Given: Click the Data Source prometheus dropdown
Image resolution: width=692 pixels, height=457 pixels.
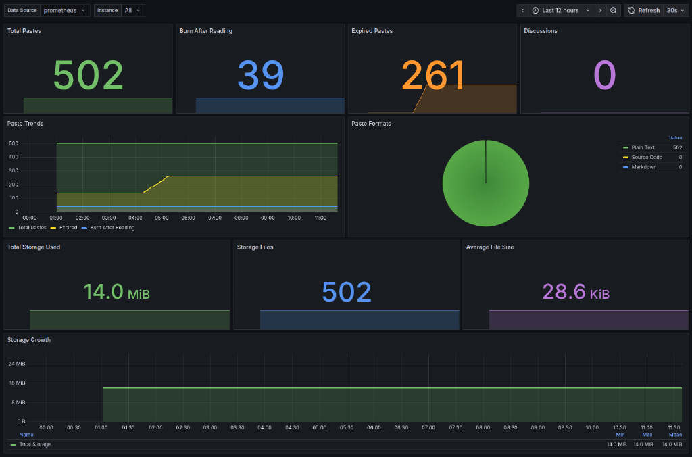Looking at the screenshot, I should [64, 11].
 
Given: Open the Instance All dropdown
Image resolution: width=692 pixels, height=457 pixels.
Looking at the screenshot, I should [132, 11].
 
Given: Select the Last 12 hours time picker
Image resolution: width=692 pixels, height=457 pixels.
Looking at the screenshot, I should [560, 11].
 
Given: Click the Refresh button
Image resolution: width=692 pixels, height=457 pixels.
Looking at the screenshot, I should [643, 11].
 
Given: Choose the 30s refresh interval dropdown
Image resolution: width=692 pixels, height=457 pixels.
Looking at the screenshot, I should [676, 11].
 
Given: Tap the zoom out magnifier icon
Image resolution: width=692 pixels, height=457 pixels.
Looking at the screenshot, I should [613, 11].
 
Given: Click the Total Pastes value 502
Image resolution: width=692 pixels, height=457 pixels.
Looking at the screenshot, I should [88, 75].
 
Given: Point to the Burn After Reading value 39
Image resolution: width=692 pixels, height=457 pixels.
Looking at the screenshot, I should [260, 75].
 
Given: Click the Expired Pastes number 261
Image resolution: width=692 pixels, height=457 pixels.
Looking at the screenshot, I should [432, 75].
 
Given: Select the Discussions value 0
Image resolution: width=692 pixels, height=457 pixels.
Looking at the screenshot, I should [604, 75].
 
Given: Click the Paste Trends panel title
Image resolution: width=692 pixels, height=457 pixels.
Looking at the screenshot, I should [25, 124].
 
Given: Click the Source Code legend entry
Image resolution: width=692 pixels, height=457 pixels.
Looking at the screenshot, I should [646, 157].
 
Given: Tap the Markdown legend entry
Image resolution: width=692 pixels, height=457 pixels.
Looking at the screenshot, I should [643, 167].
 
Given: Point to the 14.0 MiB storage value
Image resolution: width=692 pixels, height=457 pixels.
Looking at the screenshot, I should [116, 292].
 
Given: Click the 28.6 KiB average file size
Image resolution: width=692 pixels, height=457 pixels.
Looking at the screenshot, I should [575, 292].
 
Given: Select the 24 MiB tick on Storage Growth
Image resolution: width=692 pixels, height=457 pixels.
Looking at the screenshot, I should [17, 364].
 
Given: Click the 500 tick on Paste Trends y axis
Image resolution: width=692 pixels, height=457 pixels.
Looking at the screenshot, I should [14, 143].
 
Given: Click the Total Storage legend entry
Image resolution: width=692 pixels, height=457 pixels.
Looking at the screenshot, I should [34, 444].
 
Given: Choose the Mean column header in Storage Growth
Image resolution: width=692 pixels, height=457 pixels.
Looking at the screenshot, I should [674, 435].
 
